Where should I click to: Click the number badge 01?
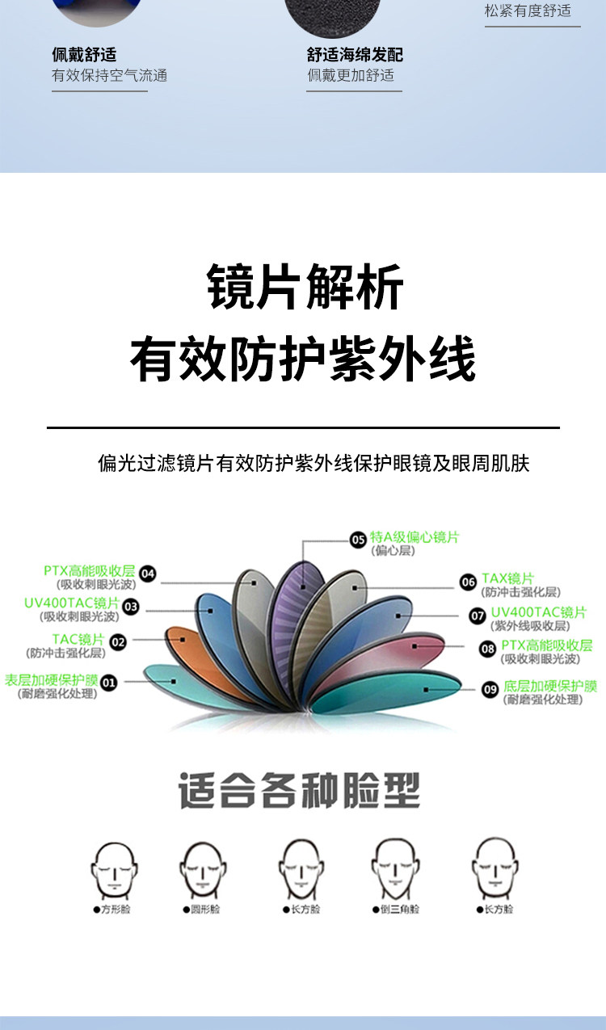pos(108,683)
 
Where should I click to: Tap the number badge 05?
pos(358,540)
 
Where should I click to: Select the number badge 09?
pos(490,689)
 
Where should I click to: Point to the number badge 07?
pos(478,616)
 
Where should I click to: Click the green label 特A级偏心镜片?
pos(414,537)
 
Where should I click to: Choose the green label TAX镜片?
pos(507,578)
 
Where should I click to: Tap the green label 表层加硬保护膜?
pos(51,680)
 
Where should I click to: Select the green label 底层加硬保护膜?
pos(550,687)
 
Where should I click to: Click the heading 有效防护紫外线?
pos(303,359)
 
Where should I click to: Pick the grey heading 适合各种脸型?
pos(299,791)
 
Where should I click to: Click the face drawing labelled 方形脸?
pos(112,868)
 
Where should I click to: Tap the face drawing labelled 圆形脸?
pos(201,868)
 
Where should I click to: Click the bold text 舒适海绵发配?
pos(355,55)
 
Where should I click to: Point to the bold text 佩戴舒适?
pos(84,55)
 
